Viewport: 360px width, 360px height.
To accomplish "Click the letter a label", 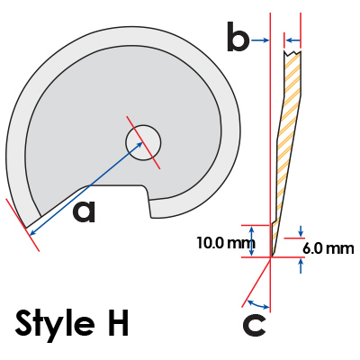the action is pos(84,211).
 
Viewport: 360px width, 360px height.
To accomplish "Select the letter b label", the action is pos(238,37).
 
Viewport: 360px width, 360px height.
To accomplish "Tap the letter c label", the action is pos(254,326).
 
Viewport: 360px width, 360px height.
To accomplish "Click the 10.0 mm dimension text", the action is pos(222,242).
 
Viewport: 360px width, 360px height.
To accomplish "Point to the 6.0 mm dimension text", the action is pos(328,248).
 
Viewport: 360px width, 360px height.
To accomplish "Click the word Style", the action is pos(54,322).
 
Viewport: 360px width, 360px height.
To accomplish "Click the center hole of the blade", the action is pos(143,142).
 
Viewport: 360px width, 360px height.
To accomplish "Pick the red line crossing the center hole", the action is pos(143,142).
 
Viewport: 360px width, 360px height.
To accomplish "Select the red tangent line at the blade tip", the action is pos(22,225).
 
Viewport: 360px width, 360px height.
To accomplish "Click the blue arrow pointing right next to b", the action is pos(260,40).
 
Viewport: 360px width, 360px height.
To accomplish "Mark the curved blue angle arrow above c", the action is pos(258,304).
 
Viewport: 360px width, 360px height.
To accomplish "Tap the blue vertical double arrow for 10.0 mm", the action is pos(252,241).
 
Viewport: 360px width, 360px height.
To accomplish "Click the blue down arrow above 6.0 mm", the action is pos(301,230).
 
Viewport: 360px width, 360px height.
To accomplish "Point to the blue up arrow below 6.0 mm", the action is pos(301,265).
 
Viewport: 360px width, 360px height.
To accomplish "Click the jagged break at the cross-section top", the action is pos(292,53).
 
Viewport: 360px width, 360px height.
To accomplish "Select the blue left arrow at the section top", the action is pos(293,40).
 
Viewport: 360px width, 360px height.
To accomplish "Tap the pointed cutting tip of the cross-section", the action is pos(272,256).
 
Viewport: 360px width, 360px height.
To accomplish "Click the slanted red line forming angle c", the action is pos(256,283).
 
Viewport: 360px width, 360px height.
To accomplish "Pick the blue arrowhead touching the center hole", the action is pos(140,145).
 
